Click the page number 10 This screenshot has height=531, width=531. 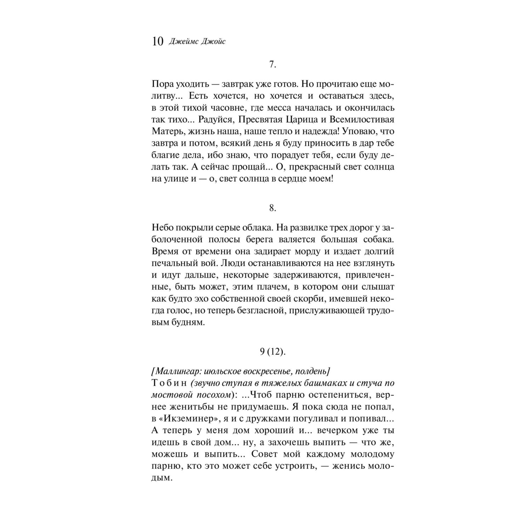[157, 42]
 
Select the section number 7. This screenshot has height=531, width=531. [272, 64]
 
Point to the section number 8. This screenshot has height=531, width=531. [272, 208]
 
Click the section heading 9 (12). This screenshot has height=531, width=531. [272, 351]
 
